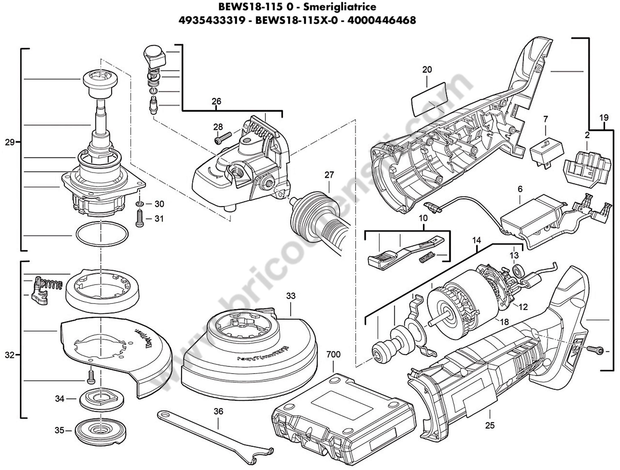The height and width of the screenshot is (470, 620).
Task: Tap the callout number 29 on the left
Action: point(10,142)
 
